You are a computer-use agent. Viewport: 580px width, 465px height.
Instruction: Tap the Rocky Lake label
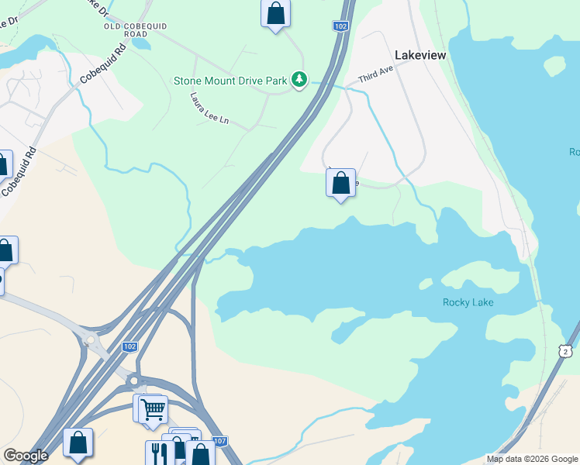(x=468, y=302)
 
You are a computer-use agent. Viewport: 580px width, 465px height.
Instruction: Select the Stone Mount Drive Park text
(x=230, y=80)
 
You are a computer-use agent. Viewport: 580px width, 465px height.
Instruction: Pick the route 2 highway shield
(x=568, y=352)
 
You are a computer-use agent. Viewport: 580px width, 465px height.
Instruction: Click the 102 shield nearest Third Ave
(x=341, y=26)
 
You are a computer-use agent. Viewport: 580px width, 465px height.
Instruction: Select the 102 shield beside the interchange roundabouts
(x=130, y=346)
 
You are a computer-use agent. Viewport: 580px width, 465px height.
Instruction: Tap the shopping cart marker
(x=154, y=408)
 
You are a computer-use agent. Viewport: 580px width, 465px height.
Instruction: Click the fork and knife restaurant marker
(x=159, y=453)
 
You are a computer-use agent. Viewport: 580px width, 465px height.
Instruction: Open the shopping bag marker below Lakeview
(x=340, y=183)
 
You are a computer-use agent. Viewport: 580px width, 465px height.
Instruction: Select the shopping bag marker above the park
(x=275, y=13)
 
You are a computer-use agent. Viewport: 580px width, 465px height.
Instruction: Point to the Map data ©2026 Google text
(x=532, y=459)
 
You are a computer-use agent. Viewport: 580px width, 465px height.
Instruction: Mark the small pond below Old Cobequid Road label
(x=140, y=43)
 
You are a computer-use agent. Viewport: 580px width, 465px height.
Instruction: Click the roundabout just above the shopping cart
(x=133, y=381)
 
